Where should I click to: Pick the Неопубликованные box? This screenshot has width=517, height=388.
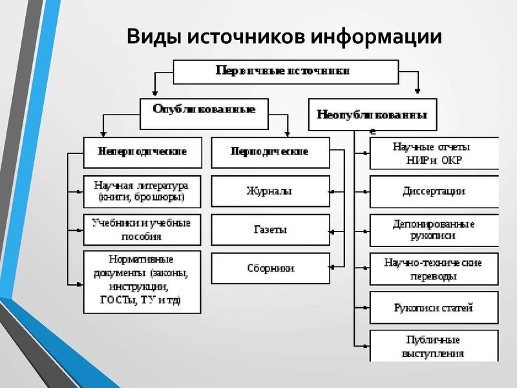click(372, 114)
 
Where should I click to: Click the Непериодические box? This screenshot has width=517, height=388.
click(142, 153)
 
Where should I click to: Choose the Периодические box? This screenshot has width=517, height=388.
click(269, 153)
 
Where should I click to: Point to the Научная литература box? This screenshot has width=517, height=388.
click(142, 191)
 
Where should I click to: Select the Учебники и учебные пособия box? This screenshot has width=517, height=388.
click(142, 230)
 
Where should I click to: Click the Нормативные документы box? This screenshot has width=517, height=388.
click(142, 282)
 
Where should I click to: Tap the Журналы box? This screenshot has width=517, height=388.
click(269, 191)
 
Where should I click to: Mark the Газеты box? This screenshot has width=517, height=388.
click(269, 230)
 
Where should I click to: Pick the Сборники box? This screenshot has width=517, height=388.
click(269, 268)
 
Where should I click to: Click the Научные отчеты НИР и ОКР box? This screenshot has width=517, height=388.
click(434, 153)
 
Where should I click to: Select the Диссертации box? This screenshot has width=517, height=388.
click(434, 191)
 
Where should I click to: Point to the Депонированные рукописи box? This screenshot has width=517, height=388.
click(434, 230)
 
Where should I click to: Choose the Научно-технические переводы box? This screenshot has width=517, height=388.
click(434, 268)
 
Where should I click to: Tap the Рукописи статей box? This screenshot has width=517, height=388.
click(434, 307)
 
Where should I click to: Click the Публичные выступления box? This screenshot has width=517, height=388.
click(434, 346)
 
